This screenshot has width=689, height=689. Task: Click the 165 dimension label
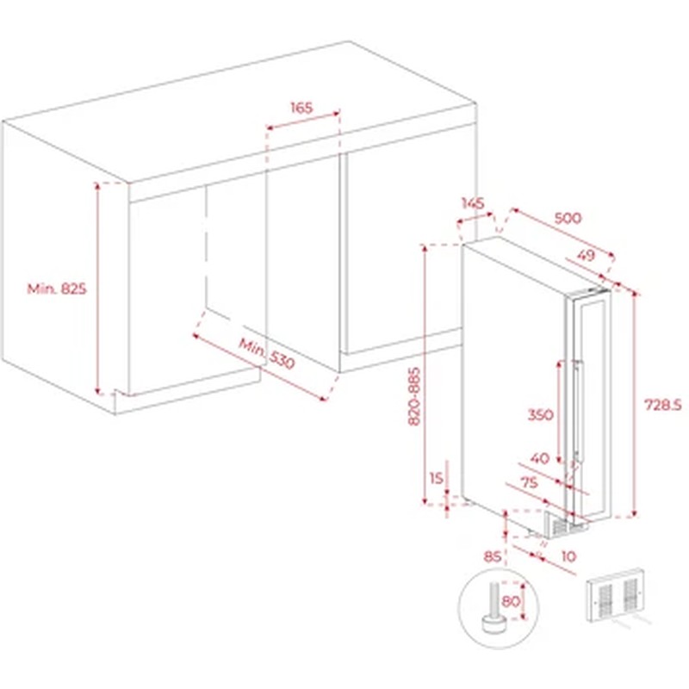[301, 107]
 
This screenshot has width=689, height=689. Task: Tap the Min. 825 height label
[57, 289]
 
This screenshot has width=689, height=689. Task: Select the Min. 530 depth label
[266, 353]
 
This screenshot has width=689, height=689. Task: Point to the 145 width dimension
[473, 203]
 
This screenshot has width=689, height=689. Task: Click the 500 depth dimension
[568, 218]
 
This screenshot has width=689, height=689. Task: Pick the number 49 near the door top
[586, 255]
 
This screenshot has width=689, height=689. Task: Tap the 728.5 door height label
[662, 405]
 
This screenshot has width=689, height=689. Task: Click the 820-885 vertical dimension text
[414, 396]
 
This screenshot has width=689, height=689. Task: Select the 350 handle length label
[540, 414]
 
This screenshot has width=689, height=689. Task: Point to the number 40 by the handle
[540, 458]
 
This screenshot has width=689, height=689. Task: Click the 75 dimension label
[529, 482]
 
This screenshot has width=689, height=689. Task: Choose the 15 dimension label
[437, 478]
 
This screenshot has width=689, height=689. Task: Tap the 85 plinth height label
[492, 556]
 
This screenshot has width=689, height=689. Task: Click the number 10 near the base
[568, 556]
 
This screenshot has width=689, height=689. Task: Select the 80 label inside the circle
[511, 600]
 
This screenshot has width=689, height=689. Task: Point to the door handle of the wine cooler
[577, 412]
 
